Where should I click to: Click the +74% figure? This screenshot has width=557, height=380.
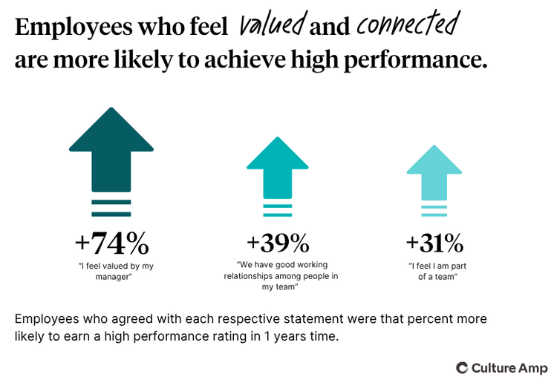click(111, 243)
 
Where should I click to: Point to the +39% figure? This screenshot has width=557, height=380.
click(277, 243)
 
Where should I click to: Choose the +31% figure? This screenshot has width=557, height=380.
click(434, 243)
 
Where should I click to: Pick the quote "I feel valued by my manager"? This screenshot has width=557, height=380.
click(111, 271)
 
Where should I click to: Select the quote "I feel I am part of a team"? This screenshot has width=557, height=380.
click(434, 271)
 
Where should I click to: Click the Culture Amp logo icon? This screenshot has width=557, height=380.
click(462, 367)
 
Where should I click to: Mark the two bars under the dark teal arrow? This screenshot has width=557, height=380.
click(111, 208)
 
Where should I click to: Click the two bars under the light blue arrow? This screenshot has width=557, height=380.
click(434, 211)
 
